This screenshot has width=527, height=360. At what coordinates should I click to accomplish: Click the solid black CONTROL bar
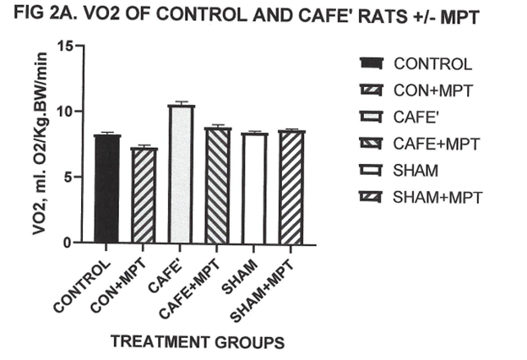tap(106, 189)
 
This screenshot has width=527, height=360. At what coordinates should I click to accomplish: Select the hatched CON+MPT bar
tap(144, 195)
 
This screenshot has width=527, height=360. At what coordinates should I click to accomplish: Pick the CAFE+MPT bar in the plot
tap(217, 186)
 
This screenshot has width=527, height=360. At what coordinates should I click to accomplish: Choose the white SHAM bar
tap(254, 188)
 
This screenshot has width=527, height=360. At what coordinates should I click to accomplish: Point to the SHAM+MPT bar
tap(291, 187)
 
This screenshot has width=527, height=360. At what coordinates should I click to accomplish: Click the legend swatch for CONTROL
tap(371, 63)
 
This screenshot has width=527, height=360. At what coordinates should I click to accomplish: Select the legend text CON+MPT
tap(432, 90)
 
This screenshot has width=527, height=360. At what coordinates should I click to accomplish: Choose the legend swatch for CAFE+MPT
tap(371, 144)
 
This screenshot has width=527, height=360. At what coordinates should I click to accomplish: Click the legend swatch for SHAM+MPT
tap(371, 198)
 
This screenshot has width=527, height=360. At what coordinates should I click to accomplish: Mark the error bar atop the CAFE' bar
tap(181, 103)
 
